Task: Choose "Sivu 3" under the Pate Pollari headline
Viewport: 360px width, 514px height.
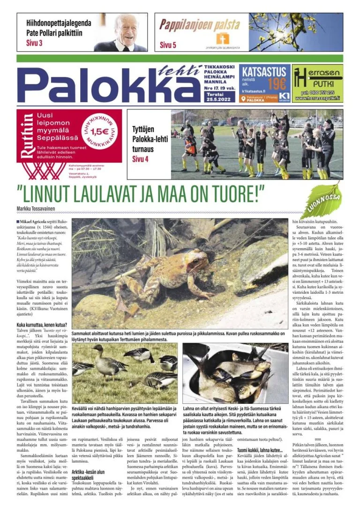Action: coord(30,44)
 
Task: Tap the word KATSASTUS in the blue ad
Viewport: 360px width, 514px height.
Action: coord(263,72)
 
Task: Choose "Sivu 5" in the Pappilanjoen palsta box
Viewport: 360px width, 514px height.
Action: coord(168,45)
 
